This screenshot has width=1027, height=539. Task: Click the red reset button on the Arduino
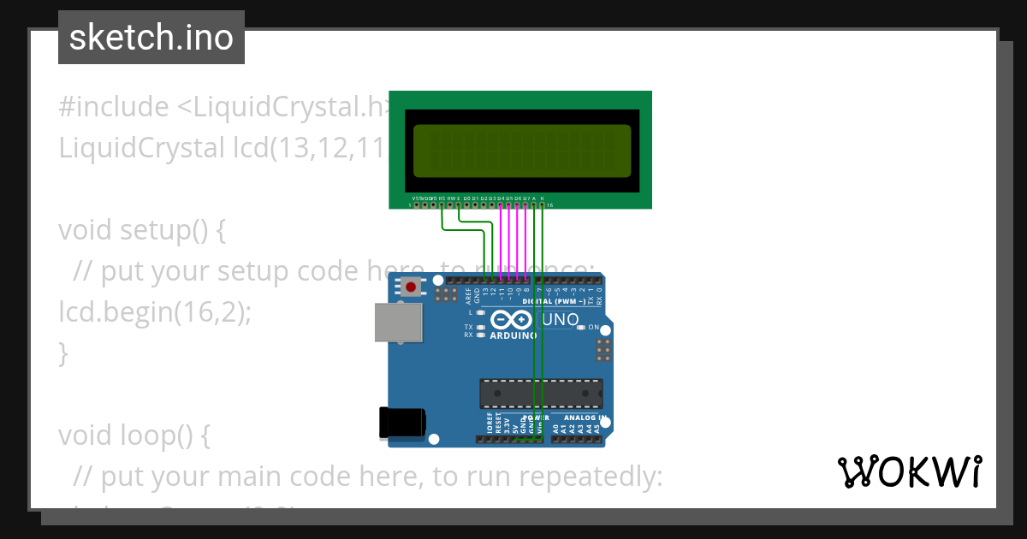tap(412, 287)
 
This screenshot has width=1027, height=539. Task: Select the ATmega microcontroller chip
tap(540, 393)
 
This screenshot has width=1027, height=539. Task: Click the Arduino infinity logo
tap(512, 321)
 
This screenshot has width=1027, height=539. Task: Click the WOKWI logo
tap(909, 471)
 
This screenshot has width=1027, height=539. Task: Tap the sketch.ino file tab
tap(151, 38)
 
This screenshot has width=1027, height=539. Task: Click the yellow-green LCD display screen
tap(521, 150)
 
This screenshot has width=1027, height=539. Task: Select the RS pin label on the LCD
tap(442, 198)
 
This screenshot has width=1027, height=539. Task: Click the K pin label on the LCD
tap(543, 198)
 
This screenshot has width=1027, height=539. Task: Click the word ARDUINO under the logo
tap(513, 336)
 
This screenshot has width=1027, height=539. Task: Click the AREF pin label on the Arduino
tap(468, 296)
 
